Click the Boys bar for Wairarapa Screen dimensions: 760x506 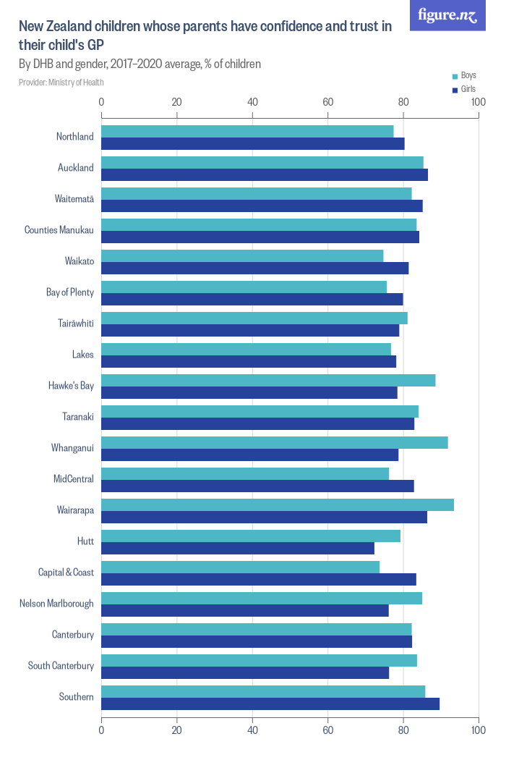click(x=278, y=504)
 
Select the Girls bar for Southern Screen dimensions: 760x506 click(x=270, y=704)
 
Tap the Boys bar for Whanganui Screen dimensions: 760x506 click(x=275, y=442)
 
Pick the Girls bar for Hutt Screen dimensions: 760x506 click(x=238, y=548)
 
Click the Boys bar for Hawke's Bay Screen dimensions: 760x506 click(x=268, y=380)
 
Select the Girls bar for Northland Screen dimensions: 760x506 click(x=253, y=143)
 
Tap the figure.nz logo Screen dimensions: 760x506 click(x=447, y=15)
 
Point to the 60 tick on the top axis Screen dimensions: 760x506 click(x=327, y=102)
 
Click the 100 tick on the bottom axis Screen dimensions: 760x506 click(x=478, y=730)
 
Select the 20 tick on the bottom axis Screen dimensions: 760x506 click(x=176, y=730)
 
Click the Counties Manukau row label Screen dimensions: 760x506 click(x=59, y=230)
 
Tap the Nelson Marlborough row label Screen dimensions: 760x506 click(x=56, y=604)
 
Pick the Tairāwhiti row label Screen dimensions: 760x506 click(x=74, y=324)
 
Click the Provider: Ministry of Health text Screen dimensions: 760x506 click(x=61, y=83)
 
